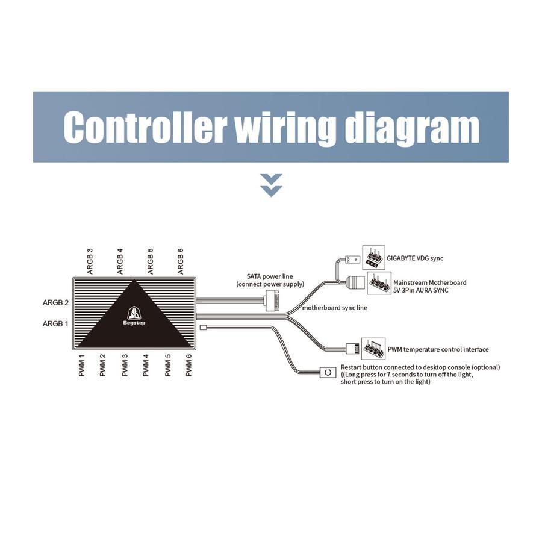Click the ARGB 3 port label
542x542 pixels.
(x=90, y=261)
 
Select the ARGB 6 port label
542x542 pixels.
(x=180, y=261)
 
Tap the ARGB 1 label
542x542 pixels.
(x=55, y=324)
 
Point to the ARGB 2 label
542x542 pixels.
(x=55, y=303)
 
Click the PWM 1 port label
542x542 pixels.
(x=81, y=365)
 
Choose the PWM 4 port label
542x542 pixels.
(x=146, y=365)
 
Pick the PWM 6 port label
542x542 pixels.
(x=188, y=365)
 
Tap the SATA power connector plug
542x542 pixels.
(x=271, y=301)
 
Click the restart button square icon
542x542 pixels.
(x=328, y=372)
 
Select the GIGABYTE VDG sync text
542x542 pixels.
(x=415, y=258)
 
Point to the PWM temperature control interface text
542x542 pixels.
(x=438, y=349)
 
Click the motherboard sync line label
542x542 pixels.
(x=335, y=308)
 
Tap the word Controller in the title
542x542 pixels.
(x=145, y=127)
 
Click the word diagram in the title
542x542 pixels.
(x=412, y=127)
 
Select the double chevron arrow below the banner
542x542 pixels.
(x=272, y=185)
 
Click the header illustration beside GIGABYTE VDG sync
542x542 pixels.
(x=373, y=258)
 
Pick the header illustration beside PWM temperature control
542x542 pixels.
(x=373, y=349)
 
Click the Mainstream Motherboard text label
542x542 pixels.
(x=429, y=287)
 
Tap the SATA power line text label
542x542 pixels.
(x=270, y=280)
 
